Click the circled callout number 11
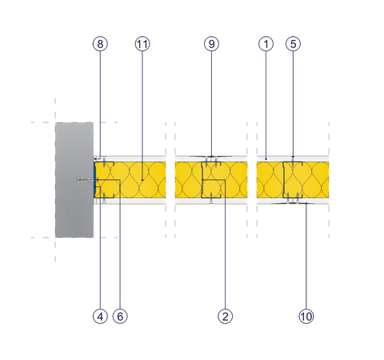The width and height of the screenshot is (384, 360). pos(142,45)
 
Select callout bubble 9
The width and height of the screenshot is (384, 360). pos(210,45)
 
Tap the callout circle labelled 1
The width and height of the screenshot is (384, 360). pos(266,45)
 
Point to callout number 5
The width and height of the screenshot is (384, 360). pos(292,45)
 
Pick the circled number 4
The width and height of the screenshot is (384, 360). pos(99,316)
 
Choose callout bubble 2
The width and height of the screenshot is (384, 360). pos(225,316)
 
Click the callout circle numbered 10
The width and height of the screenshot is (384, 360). pos(306,316)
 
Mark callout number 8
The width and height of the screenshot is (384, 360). pos(99,45)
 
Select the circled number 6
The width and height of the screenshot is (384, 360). pos(120,316)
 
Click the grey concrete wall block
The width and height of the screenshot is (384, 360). pos(74,180)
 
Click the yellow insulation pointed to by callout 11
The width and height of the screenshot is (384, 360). pos(148,180)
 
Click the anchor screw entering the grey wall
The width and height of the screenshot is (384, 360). pos(84,180)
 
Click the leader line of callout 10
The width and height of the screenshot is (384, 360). pos(306,256)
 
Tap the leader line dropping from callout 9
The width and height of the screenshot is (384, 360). pos(210,104)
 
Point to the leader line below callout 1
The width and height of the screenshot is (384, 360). pos(266,104)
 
